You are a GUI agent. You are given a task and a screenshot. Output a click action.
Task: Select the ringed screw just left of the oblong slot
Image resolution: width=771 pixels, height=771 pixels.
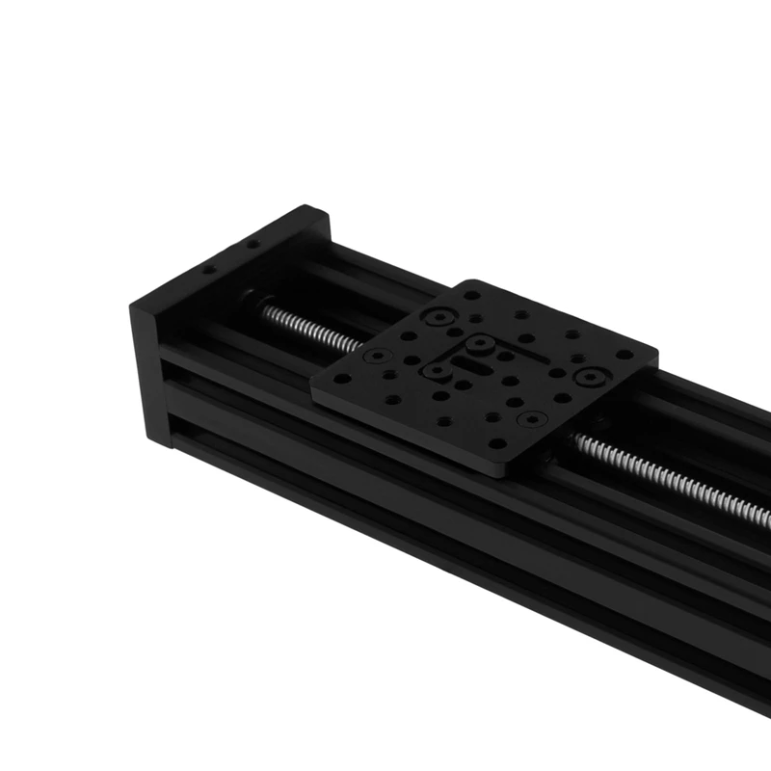click(437, 370)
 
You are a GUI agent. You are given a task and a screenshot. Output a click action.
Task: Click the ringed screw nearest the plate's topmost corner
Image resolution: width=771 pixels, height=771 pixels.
click(440, 315)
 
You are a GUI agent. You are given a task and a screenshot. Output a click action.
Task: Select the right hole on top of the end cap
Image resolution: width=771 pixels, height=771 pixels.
click(253, 245)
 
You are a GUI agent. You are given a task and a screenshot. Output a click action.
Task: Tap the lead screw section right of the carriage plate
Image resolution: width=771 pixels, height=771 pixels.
click(665, 477)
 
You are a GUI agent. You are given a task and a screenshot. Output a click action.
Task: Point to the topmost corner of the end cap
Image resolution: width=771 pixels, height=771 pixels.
click(306, 207)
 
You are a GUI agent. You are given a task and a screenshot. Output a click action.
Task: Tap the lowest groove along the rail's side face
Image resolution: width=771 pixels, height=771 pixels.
click(434, 540)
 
